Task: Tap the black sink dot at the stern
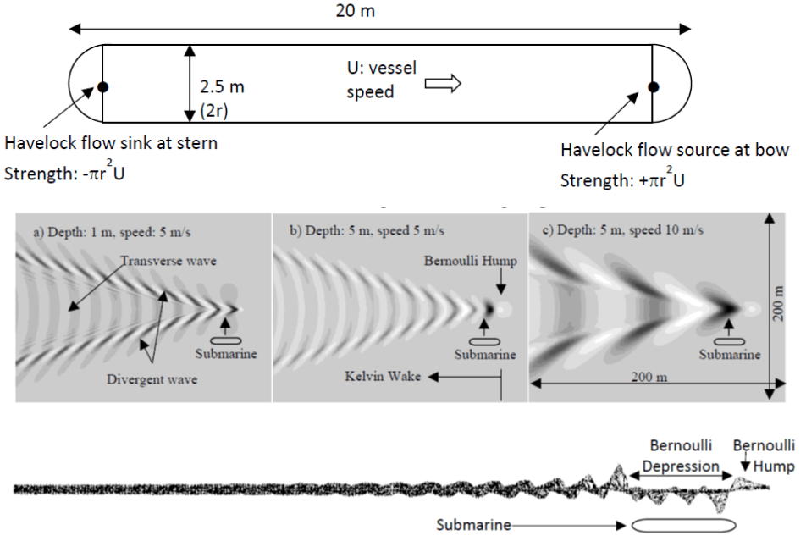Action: [x=102, y=86]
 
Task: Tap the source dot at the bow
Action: [x=653, y=86]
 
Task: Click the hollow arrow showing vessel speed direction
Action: [x=442, y=82]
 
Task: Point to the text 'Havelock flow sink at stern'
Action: [x=112, y=143]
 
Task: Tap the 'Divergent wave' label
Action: [x=152, y=379]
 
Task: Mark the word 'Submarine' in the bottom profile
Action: [x=474, y=525]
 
